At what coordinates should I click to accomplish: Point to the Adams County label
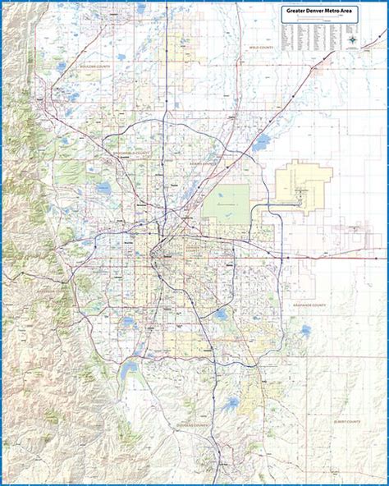pos(204,163)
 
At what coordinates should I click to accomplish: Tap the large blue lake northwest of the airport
pos(261,143)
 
